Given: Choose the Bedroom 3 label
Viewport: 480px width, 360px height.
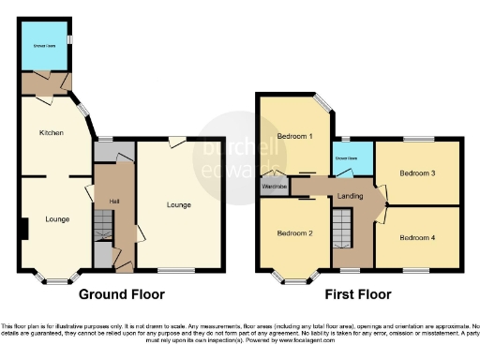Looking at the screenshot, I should [x=417, y=173].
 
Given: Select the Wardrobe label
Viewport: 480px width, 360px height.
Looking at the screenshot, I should [x=275, y=186].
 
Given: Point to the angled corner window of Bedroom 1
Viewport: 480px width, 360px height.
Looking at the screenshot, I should [x=322, y=106].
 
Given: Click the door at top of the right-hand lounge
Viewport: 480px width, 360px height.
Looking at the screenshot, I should [x=175, y=142].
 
